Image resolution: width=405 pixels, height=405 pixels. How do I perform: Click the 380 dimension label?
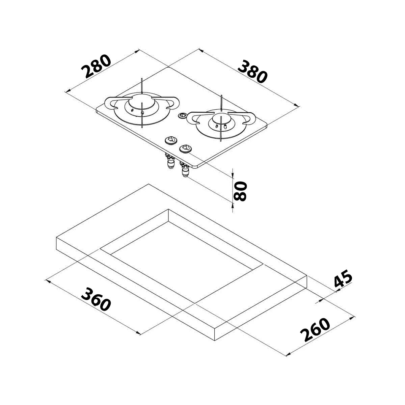click(252, 72)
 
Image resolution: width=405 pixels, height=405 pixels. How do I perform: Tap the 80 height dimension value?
click(240, 191)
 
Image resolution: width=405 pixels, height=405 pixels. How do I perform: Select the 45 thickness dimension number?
click(343, 278)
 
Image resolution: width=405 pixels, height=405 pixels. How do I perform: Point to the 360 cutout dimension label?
click(96, 299)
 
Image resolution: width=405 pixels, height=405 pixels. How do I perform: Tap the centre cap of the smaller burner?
click(221, 119)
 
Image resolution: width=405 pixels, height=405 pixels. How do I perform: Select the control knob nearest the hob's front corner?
click(185, 148)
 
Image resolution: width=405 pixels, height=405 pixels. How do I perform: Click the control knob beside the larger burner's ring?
click(171, 140)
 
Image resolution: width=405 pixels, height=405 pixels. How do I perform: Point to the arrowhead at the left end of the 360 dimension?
click(48, 281)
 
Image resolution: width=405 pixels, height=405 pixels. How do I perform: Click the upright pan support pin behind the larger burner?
click(142, 86)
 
